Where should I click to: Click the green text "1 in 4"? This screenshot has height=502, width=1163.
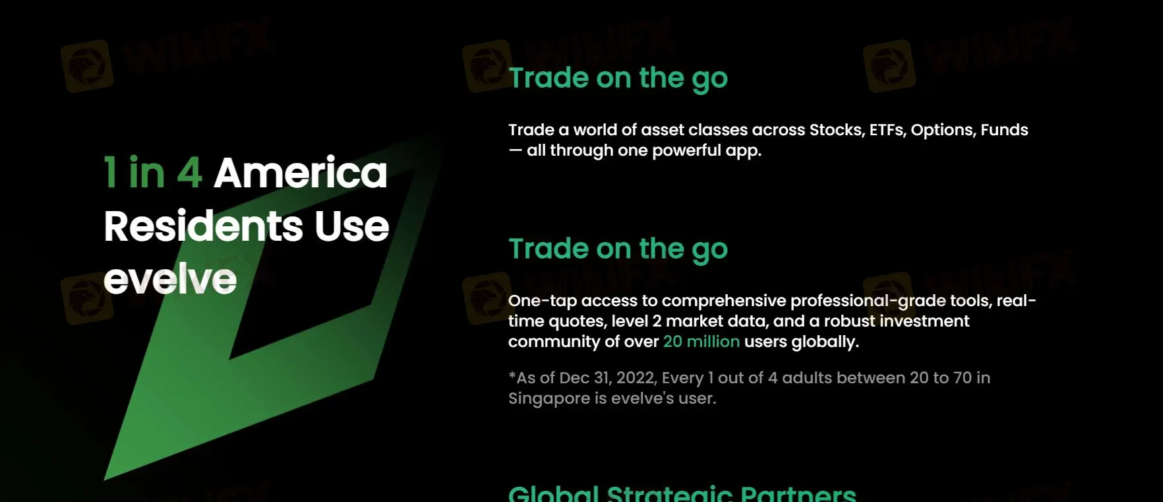point(152,173)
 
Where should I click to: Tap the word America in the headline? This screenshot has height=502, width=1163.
point(300,173)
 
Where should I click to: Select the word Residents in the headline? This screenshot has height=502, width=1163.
point(203,226)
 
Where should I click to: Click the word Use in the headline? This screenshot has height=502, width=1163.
point(351,226)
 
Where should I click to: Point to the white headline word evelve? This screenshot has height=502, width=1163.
point(170,280)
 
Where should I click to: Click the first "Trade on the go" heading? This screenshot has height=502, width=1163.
point(618,78)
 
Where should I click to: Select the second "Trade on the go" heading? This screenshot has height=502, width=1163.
point(618,249)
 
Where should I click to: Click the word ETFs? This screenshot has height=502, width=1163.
point(887,130)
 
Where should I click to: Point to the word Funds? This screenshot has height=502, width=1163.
point(1004,130)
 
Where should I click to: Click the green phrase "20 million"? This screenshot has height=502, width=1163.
point(701,342)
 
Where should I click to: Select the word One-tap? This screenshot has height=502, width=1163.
point(542,301)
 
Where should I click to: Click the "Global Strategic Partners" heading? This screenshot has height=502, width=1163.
point(682,494)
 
